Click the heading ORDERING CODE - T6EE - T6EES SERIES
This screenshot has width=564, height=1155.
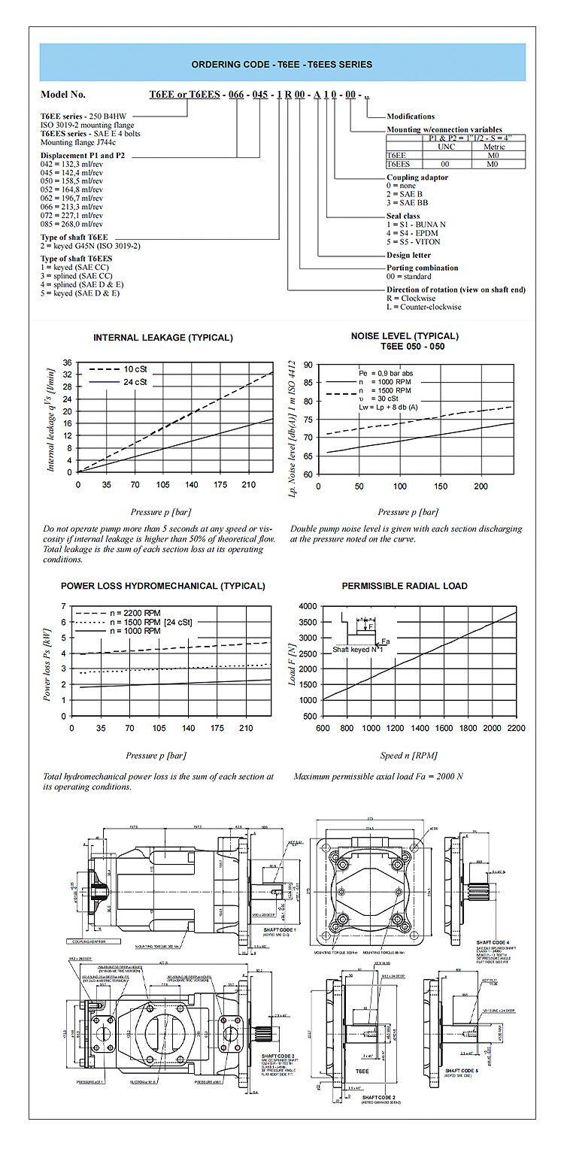(282, 65)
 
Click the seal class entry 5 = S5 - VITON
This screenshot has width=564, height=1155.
(413, 242)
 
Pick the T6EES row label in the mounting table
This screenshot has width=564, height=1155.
(399, 163)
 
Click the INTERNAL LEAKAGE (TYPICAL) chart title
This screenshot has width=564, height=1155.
(163, 338)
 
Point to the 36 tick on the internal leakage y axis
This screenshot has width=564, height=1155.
(67, 362)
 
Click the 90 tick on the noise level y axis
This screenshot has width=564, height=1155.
(308, 365)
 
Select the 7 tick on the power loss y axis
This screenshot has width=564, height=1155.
(65, 606)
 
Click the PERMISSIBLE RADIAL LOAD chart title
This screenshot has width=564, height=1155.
(405, 586)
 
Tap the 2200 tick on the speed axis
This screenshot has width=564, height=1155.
(516, 728)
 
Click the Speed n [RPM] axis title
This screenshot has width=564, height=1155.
(410, 755)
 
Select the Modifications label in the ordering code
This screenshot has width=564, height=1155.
(411, 117)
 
